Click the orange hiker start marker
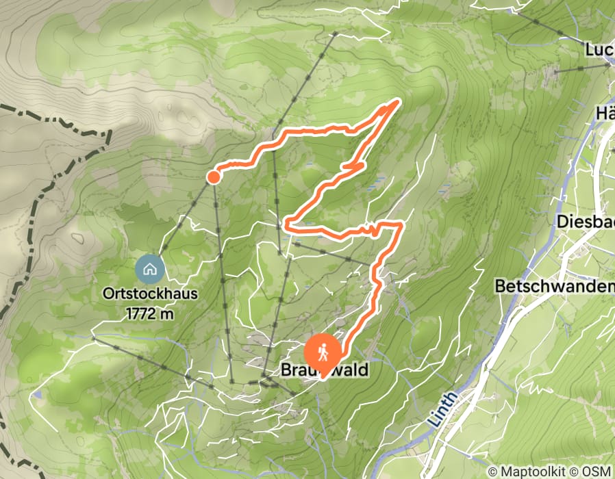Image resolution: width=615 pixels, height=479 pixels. click(323, 351)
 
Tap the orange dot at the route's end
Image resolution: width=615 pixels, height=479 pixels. click(213, 178)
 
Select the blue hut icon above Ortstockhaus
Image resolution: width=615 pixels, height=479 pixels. click(150, 268)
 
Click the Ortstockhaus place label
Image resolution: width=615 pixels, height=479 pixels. click(150, 294)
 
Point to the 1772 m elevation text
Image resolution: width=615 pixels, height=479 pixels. click(150, 314)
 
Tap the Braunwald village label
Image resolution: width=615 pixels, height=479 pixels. click(325, 370)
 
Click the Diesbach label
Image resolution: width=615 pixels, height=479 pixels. click(586, 222)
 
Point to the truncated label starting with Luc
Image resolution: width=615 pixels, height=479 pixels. click(599, 50)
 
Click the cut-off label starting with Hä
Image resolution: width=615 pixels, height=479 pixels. click(605, 113)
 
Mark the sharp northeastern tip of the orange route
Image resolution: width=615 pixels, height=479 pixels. click(398, 101)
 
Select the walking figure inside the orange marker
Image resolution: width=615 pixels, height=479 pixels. click(323, 351)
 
